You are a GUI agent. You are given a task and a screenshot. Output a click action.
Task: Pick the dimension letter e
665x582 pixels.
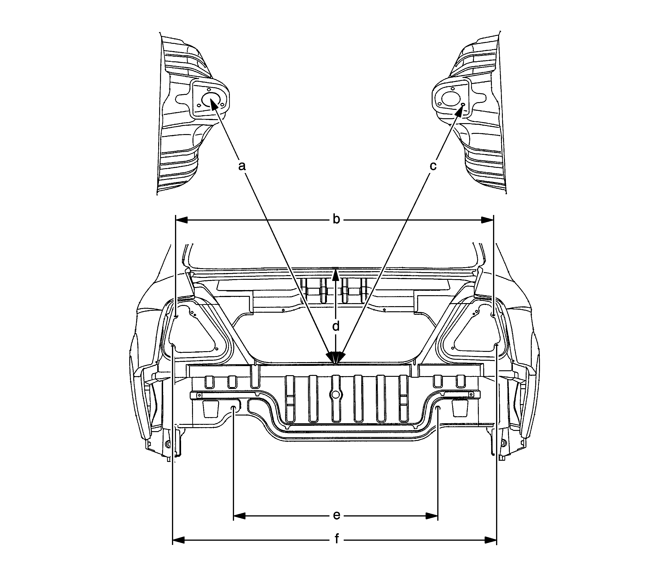pos(337,515)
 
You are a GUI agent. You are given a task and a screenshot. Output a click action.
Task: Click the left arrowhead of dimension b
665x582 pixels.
pos(182,220)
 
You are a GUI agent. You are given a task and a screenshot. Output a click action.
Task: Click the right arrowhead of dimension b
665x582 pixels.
pos(487,220)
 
